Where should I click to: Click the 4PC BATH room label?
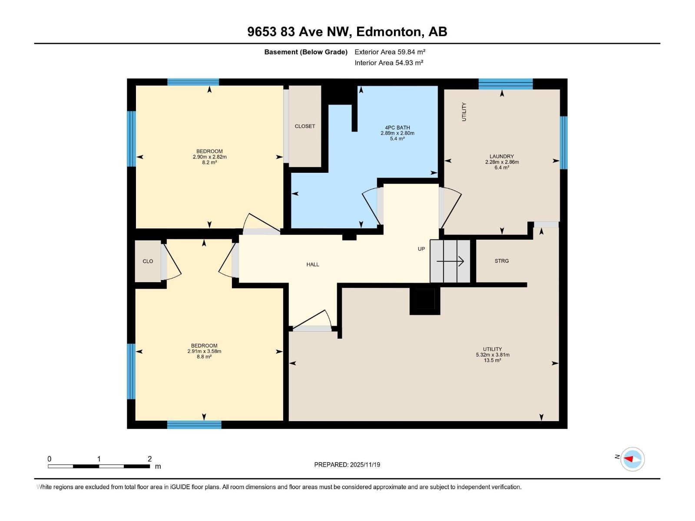[397, 128]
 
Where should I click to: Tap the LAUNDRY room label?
[502, 156]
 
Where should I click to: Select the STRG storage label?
[501, 261]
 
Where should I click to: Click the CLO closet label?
[148, 261]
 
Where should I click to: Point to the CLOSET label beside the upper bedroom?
[304, 126]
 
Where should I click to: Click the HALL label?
[312, 264]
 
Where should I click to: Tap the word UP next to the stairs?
[421, 249]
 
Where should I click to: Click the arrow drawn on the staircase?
[450, 261]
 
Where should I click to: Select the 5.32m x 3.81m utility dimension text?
[492, 355]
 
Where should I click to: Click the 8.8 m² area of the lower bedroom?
[204, 357]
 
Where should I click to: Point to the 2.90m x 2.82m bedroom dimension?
[209, 157]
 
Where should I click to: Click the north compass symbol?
[632, 459]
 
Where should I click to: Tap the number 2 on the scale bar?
[149, 459]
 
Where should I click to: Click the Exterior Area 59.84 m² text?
[390, 52]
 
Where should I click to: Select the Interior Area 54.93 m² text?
[389, 63]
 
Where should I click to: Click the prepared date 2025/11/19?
[365, 465]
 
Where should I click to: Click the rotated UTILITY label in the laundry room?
[464, 112]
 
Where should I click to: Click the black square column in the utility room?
[425, 300]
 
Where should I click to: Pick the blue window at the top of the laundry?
[506, 84]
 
